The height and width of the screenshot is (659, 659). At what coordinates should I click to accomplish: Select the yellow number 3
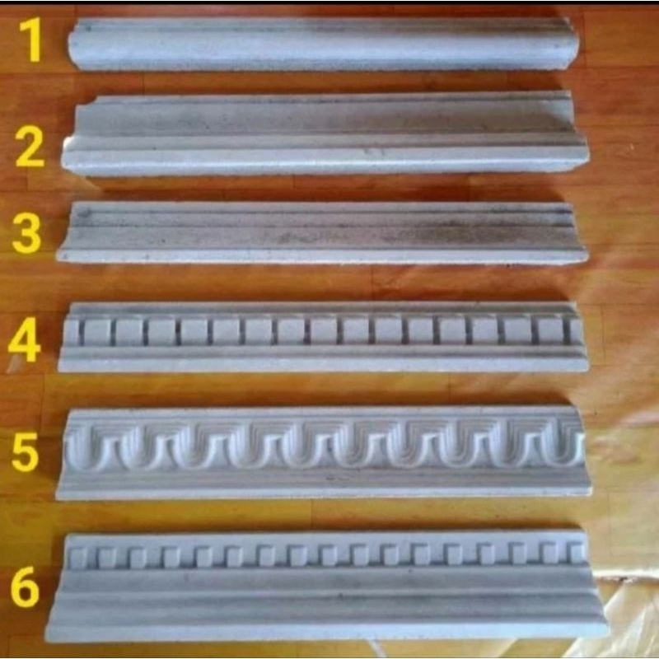tap(27, 233)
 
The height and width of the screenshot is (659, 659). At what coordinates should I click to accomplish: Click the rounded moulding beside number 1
tap(324, 44)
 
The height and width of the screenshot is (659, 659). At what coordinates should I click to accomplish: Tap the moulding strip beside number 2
tap(325, 133)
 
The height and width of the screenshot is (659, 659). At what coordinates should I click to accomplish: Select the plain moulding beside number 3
tap(322, 233)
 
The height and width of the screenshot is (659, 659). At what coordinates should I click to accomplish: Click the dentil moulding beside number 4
tap(323, 337)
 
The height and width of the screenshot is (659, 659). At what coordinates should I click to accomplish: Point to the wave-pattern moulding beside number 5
tap(324, 453)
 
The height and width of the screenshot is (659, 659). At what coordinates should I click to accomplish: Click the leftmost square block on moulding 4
tap(72, 333)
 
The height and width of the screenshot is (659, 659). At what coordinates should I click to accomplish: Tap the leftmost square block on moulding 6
tap(78, 558)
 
